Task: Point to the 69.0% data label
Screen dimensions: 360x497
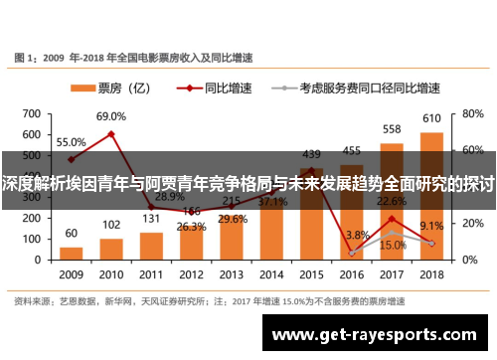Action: pos(111,117)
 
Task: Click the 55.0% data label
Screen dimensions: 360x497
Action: pos(71,142)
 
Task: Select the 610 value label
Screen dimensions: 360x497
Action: pos(431,119)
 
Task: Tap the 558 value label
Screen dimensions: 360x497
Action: pos(392,129)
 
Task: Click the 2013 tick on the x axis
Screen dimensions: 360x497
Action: pos(231,274)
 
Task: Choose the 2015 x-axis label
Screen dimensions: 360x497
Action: pos(311,274)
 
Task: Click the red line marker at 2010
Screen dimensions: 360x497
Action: pos(111,133)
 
